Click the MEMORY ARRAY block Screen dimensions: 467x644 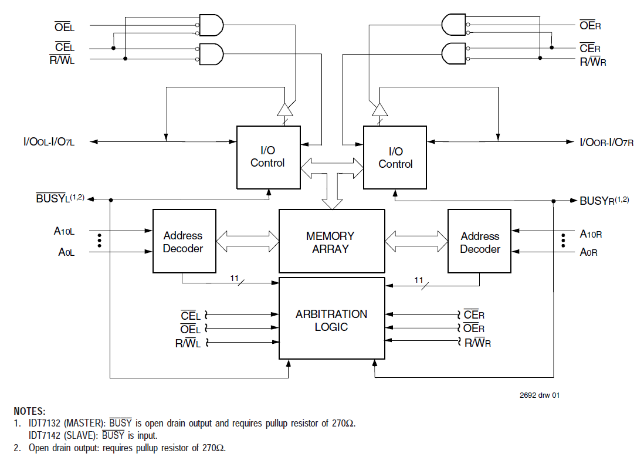point(330,242)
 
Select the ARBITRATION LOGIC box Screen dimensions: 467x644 point(331,320)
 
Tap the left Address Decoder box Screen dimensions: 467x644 point(182,241)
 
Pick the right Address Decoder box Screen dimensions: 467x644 point(479,241)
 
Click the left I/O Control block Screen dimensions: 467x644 point(268,157)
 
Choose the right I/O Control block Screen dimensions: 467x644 point(395,158)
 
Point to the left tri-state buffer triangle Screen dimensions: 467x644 point(284,110)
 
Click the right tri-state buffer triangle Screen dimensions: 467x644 point(379,110)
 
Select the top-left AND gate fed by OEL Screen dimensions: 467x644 point(212,25)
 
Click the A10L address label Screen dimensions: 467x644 point(64,231)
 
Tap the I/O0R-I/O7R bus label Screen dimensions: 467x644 point(606,142)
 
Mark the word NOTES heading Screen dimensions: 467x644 point(29,411)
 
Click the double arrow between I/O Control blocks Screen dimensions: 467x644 point(332,168)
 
